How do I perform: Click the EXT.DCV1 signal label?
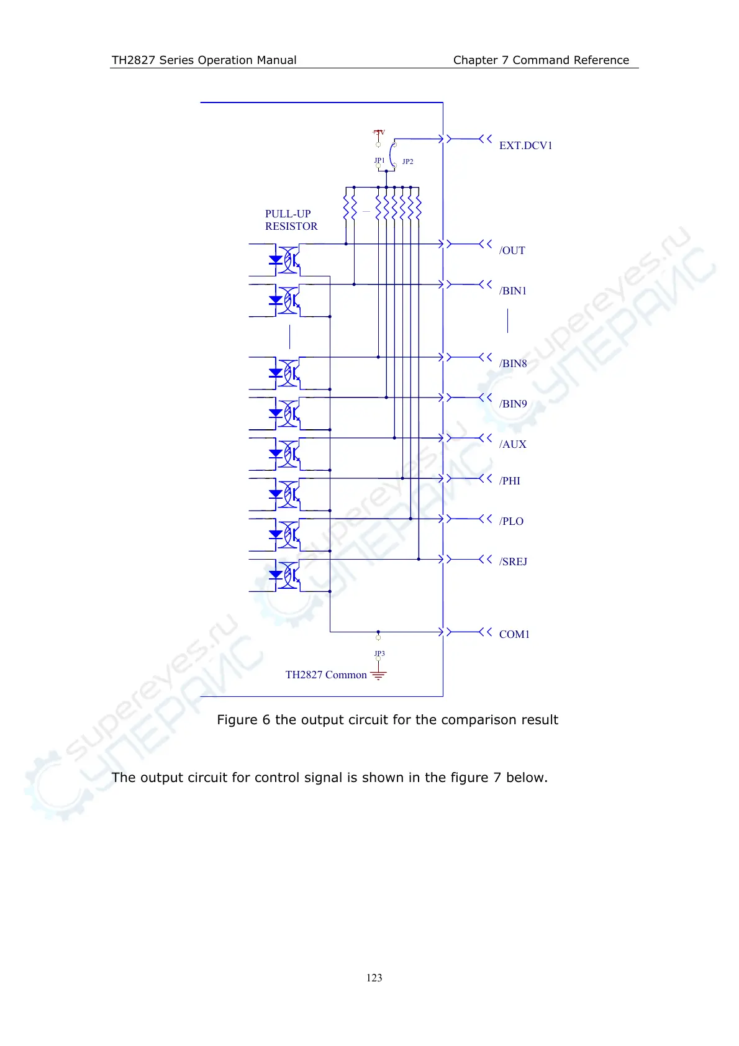[x=525, y=145]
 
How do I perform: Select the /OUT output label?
[x=512, y=250]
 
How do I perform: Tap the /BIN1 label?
[x=513, y=291]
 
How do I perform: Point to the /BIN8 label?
[x=513, y=363]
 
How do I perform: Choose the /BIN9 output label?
[x=513, y=404]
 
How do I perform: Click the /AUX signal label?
[x=513, y=444]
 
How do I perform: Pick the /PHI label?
[x=510, y=481]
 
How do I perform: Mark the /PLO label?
[x=511, y=521]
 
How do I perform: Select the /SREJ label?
[x=513, y=562]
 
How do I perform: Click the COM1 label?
[x=514, y=634]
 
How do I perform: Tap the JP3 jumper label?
[x=379, y=653]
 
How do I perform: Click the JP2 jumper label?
[x=407, y=161]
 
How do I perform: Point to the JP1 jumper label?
[x=379, y=160]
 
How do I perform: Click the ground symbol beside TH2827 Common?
[x=378, y=675]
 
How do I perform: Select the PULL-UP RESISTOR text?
[x=291, y=220]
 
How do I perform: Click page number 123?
[x=374, y=978]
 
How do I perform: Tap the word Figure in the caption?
[x=237, y=720]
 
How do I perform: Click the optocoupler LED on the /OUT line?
[x=276, y=260]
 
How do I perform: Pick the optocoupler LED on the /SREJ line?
[x=276, y=575]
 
